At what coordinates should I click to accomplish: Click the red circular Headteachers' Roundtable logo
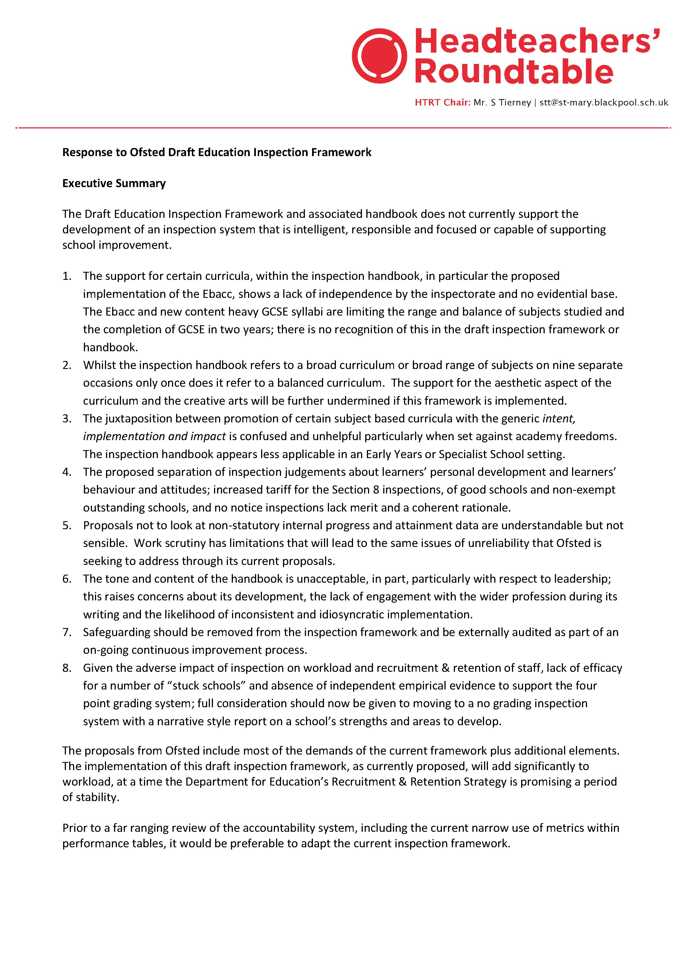pyautogui.click(x=379, y=56)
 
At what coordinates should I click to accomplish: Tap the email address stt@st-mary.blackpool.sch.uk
pyautogui.click(x=604, y=103)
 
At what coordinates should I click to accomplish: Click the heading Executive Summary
pyautogui.click(x=114, y=183)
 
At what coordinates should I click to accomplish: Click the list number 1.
pyautogui.click(x=67, y=276)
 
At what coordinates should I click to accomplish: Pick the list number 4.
pyautogui.click(x=67, y=472)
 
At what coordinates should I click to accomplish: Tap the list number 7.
pyautogui.click(x=67, y=632)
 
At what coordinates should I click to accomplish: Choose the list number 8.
pyautogui.click(x=67, y=668)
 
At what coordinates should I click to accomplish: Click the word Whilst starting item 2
pyautogui.click(x=98, y=365)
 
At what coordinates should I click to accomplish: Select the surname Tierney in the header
pyautogui.click(x=515, y=103)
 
